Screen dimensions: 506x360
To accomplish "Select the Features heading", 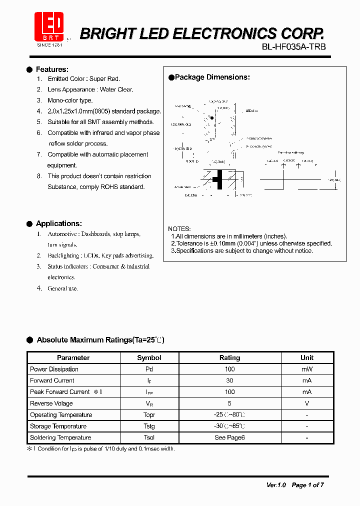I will click(x=52, y=69).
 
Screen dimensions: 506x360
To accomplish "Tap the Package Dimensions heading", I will click(x=212, y=77).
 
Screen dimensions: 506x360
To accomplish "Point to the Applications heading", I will click(x=58, y=223).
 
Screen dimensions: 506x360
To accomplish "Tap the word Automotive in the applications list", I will click(x=62, y=234).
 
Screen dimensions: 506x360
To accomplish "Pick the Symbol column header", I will click(x=149, y=357).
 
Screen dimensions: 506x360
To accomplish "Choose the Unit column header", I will click(x=307, y=357).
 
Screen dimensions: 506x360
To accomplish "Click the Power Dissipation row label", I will click(x=54, y=369).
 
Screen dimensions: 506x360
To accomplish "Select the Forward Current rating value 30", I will click(x=229, y=380).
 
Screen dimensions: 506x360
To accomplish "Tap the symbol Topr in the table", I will click(x=149, y=415).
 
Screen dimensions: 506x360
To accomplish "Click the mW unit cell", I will click(x=307, y=369).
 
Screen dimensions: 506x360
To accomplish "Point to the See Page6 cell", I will click(x=229, y=437).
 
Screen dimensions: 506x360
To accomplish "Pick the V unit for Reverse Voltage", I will click(x=307, y=403).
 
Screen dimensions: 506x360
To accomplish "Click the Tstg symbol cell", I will click(x=149, y=426).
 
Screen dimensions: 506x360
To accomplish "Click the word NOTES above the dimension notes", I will click(x=179, y=228).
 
